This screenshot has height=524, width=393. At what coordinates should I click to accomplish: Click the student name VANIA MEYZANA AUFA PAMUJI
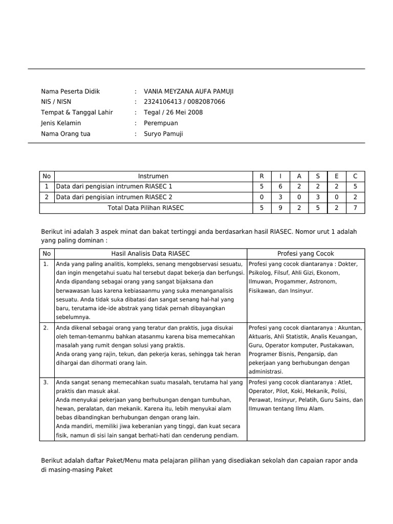coord(188,92)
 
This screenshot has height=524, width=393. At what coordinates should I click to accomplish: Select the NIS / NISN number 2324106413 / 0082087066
coord(184,102)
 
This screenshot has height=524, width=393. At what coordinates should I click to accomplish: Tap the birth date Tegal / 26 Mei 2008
coord(173,113)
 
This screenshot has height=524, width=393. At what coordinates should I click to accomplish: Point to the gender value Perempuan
coord(161,123)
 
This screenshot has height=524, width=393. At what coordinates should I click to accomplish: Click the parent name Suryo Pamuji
coord(163,134)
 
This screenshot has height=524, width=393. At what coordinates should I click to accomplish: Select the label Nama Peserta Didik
coord(70,92)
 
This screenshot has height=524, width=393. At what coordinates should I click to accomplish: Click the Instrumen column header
coord(153,177)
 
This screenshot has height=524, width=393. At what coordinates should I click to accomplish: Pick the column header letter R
coord(261,177)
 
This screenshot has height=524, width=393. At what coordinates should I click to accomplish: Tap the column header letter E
coord(336,177)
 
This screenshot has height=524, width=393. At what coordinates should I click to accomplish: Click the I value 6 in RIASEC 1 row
coord(280,187)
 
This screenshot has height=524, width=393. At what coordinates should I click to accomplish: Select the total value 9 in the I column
coord(280,208)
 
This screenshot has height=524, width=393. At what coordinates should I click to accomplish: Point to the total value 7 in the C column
coord(355,208)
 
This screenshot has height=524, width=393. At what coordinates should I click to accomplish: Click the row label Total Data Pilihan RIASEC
coord(145,208)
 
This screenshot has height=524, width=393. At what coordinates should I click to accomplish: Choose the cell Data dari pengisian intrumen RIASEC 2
coord(114,197)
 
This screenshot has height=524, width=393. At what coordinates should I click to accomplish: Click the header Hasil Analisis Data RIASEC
coord(150,254)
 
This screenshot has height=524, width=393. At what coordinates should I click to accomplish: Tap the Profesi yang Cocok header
coord(305,254)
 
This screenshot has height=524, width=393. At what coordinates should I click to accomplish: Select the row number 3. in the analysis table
coord(46,382)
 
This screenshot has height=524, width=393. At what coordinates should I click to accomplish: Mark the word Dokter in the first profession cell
coord(347,265)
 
